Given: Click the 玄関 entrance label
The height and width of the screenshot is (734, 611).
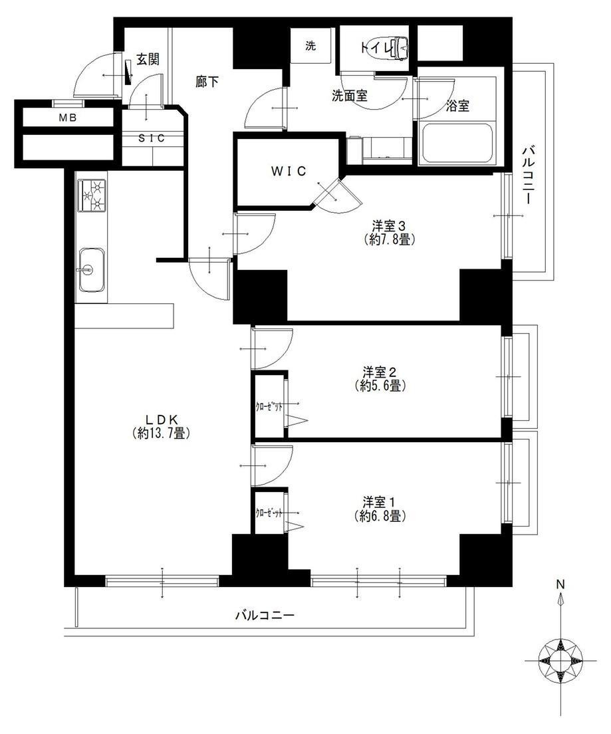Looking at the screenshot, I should tap(148, 59).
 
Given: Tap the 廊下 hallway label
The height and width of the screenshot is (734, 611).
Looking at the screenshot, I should tap(207, 81).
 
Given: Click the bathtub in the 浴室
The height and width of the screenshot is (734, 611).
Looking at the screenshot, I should tap(457, 143).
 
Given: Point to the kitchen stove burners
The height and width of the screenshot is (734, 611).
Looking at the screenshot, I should tap(91, 195).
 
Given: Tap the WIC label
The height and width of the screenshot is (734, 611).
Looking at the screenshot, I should tap(288, 171).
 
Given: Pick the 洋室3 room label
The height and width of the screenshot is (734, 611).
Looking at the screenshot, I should tap(389, 225).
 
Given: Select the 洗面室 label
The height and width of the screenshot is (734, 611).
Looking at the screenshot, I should tap(350, 96).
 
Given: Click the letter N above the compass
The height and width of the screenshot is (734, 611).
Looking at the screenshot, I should tap(560, 584).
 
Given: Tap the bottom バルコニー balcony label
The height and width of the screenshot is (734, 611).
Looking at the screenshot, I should tap(265, 616).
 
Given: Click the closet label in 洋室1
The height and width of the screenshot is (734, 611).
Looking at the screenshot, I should tap(269, 513).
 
